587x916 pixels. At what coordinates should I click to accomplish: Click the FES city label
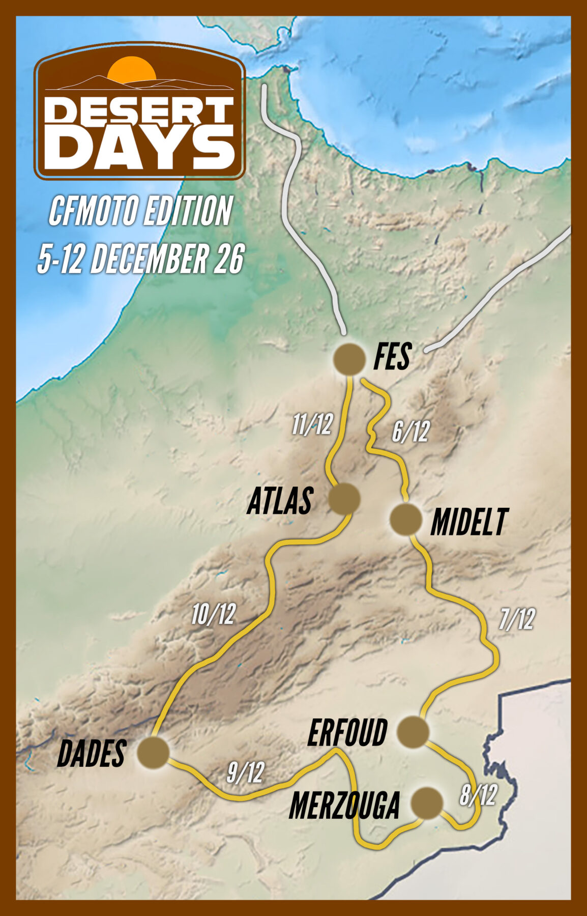tap(392, 357)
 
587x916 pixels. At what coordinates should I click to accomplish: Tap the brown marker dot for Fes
tap(349, 359)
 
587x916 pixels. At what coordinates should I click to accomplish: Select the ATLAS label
tap(279, 501)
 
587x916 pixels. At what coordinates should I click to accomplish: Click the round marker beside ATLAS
tap(344, 499)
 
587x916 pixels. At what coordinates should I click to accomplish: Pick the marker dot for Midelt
tap(405, 520)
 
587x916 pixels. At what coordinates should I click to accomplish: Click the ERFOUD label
tap(347, 733)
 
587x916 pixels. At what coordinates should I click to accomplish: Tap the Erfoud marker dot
tap(413, 732)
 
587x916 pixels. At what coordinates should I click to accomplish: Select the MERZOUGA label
tap(344, 805)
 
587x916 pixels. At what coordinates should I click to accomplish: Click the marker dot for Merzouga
tap(426, 803)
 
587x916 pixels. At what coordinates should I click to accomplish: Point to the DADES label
tap(92, 754)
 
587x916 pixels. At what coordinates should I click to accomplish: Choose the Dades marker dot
tap(153, 753)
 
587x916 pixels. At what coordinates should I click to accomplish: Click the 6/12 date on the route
tap(410, 432)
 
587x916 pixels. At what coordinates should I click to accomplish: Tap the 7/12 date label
tap(516, 620)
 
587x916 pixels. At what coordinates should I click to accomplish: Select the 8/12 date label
tap(478, 795)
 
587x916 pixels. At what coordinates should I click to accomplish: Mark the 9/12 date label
tap(245, 773)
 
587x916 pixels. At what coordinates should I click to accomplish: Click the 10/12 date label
tap(213, 615)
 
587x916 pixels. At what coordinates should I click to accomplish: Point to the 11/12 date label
tap(312, 424)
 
